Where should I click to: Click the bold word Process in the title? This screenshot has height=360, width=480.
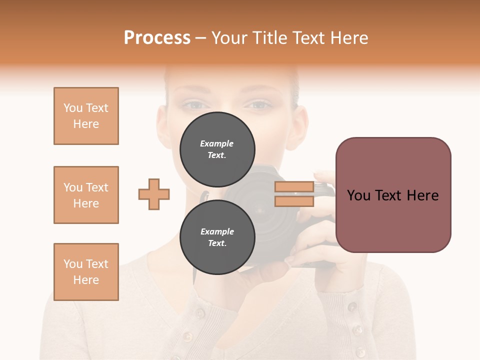tap(157, 38)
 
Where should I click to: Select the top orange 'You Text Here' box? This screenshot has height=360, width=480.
tap(86, 116)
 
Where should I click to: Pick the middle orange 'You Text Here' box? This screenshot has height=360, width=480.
tap(86, 195)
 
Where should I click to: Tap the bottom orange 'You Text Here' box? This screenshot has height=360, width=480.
tap(86, 272)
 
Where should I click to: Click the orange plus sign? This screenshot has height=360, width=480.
tap(154, 194)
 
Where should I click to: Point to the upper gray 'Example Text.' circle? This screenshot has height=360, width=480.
tap(217, 149)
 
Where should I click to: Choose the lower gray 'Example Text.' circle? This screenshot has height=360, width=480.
tap(217, 237)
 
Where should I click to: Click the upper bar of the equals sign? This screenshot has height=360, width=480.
tap(294, 187)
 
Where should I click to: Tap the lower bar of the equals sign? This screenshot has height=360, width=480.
tap(294, 201)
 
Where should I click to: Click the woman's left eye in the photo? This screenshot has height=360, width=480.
tap(193, 105)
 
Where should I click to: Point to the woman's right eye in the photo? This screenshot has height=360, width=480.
tap(258, 105)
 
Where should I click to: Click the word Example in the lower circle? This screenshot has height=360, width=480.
tap(217, 231)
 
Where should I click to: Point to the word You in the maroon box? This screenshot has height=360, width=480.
tap(358, 195)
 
